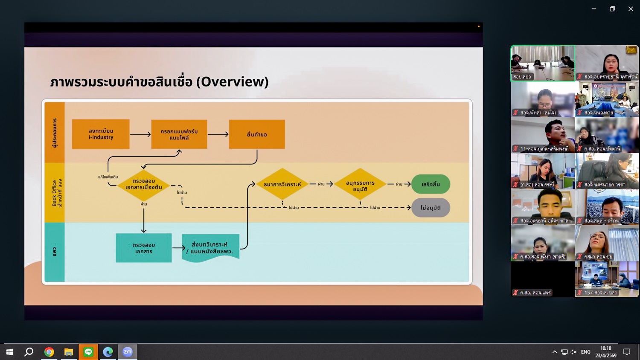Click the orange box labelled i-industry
[101, 134]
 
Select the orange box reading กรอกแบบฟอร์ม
[179, 134]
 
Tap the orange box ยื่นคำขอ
[257, 134]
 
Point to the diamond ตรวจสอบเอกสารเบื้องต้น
[143, 184]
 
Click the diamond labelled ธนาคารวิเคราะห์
[282, 184]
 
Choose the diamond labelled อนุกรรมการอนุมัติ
[360, 184]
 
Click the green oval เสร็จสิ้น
[431, 184]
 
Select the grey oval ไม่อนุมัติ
[431, 208]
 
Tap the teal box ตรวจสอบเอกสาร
[144, 248]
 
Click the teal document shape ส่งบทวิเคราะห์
[210, 248]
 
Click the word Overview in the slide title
[233, 81]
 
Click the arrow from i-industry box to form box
[140, 134]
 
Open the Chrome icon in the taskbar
[49, 352]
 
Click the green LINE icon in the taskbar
[88, 352]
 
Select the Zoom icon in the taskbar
[128, 352]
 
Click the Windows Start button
[9, 352]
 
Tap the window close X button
[631, 9]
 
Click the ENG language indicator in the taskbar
[585, 352]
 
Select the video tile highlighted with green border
[543, 63]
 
